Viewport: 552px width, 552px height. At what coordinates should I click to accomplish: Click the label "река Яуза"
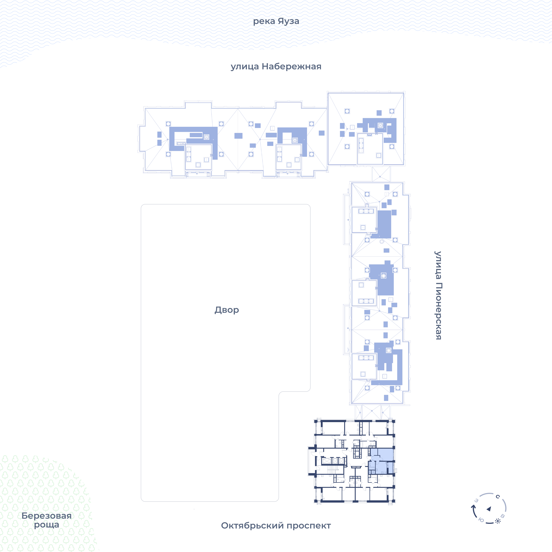(276, 21)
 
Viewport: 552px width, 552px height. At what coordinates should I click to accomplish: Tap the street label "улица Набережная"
(276, 67)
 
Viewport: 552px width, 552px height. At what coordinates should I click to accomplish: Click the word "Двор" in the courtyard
(227, 310)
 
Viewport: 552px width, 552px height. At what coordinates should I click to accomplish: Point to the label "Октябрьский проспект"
(276, 525)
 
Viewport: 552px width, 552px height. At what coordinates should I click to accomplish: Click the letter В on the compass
(503, 516)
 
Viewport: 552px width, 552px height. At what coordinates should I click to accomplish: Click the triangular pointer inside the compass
(489, 509)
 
